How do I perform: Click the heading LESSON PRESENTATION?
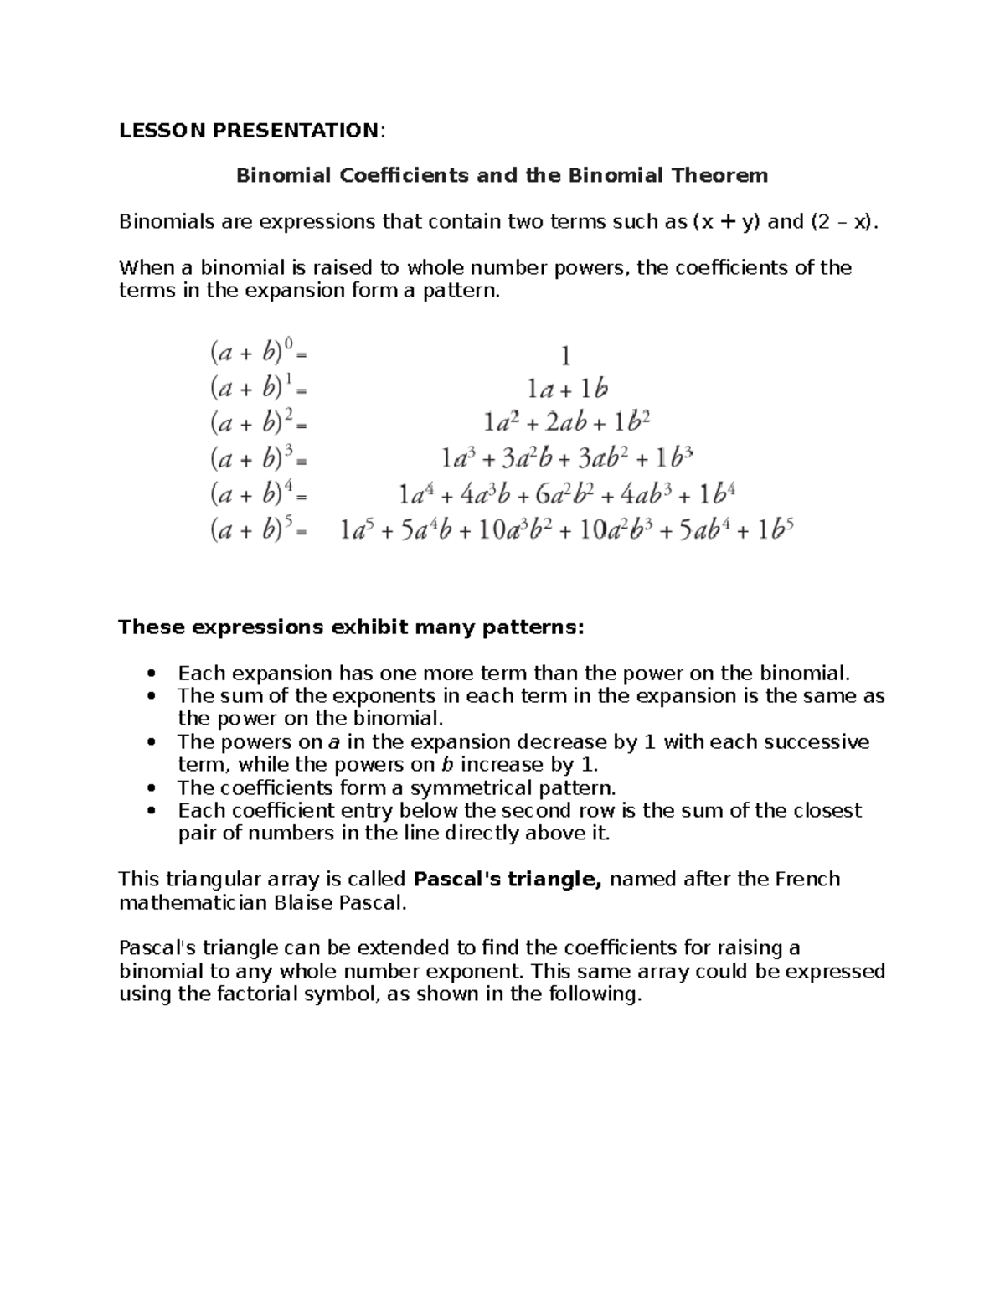(250, 130)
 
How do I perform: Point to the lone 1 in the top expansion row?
(565, 356)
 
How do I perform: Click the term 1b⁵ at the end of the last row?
(775, 530)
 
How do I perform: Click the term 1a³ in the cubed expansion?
(458, 459)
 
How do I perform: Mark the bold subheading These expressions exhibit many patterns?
(351, 627)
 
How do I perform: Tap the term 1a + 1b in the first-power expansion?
(565, 389)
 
